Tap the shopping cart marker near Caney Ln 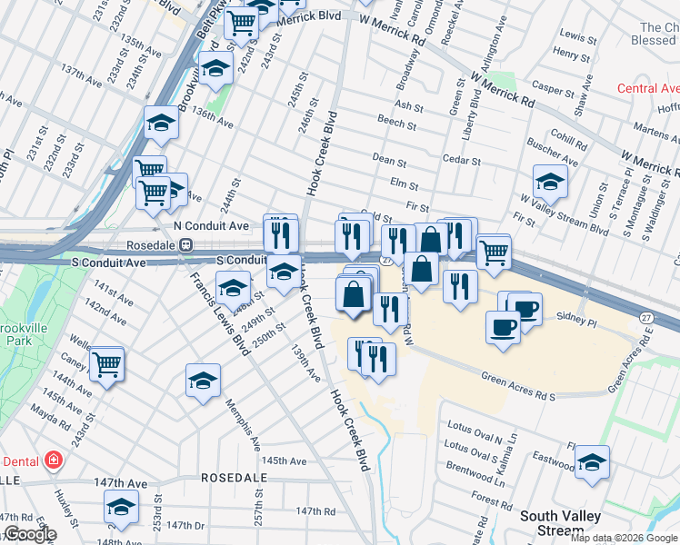107,364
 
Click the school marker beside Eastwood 592,462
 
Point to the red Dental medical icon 54,460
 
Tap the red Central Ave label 648,88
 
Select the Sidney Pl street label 576,321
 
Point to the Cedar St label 461,161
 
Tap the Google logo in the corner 29,534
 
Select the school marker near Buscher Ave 550,182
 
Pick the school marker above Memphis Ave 203,380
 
